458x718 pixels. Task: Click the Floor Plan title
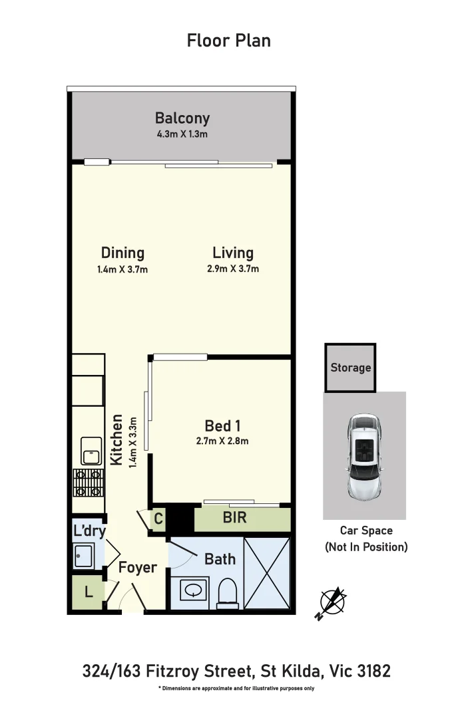[228, 41]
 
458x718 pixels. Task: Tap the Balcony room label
[182, 118]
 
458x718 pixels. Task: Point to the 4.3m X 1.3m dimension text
[182, 134]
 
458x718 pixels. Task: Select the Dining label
[122, 253]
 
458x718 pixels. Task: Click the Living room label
[233, 253]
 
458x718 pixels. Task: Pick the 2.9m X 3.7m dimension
[233, 269]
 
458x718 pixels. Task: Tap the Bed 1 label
[222, 425]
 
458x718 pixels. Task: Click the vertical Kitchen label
[116, 440]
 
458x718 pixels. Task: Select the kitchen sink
[91, 451]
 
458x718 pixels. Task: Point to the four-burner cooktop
[88, 483]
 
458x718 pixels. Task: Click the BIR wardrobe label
[234, 518]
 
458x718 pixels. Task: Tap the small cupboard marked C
[158, 519]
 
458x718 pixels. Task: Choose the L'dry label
[90, 531]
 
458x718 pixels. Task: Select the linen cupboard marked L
[89, 592]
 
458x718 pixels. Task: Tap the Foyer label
[137, 568]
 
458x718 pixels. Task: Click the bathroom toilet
[228, 590]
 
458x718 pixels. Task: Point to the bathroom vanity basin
[194, 590]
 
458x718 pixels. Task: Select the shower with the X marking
[268, 571]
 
